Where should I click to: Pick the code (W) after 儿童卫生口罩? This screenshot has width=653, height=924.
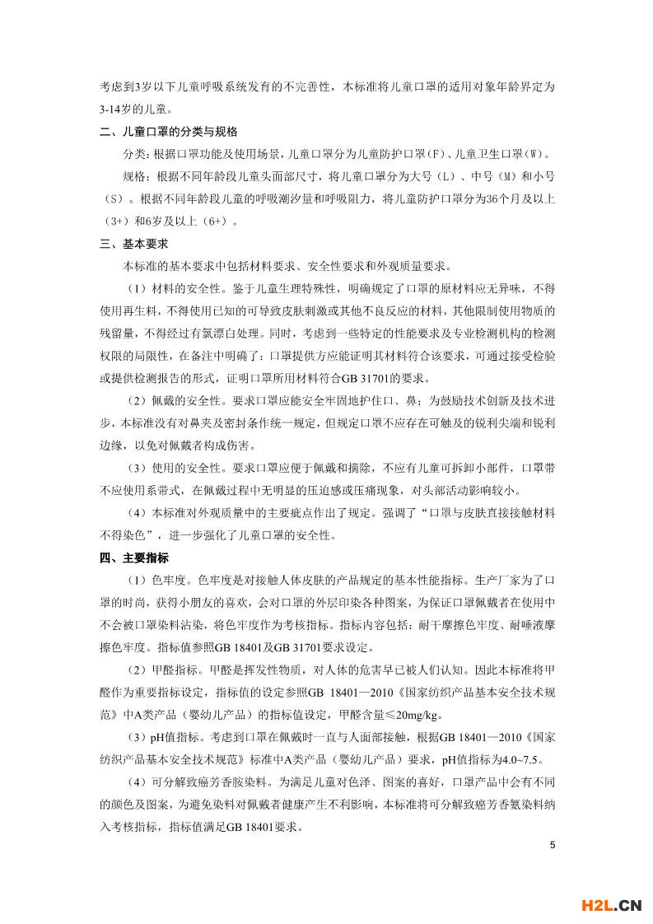click(x=538, y=154)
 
